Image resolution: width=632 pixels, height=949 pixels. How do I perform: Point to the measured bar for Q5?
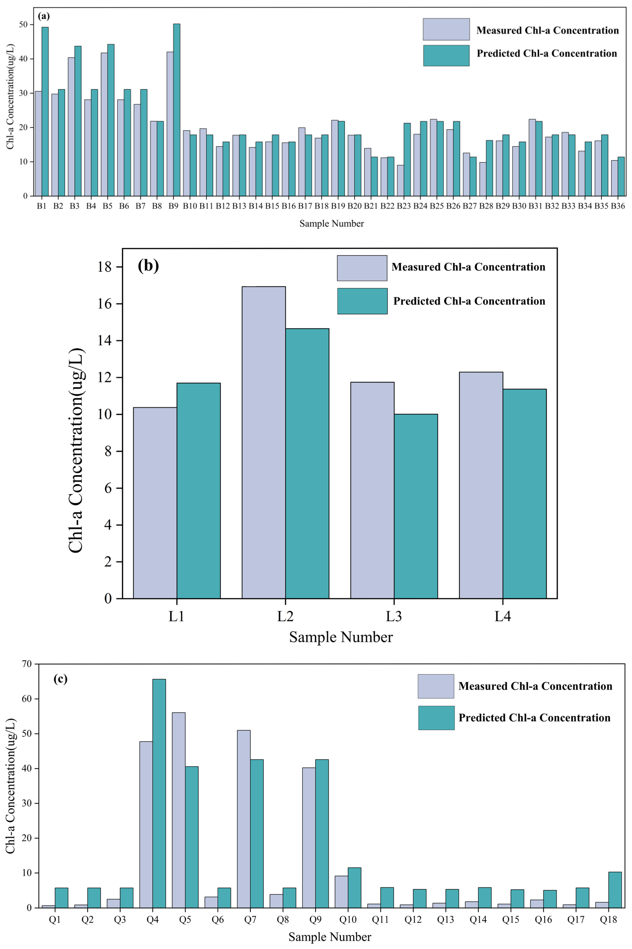pos(178,810)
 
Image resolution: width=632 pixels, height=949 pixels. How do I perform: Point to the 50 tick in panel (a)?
pos(23,25)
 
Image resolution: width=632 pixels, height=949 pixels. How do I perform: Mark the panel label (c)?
pos(60,679)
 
